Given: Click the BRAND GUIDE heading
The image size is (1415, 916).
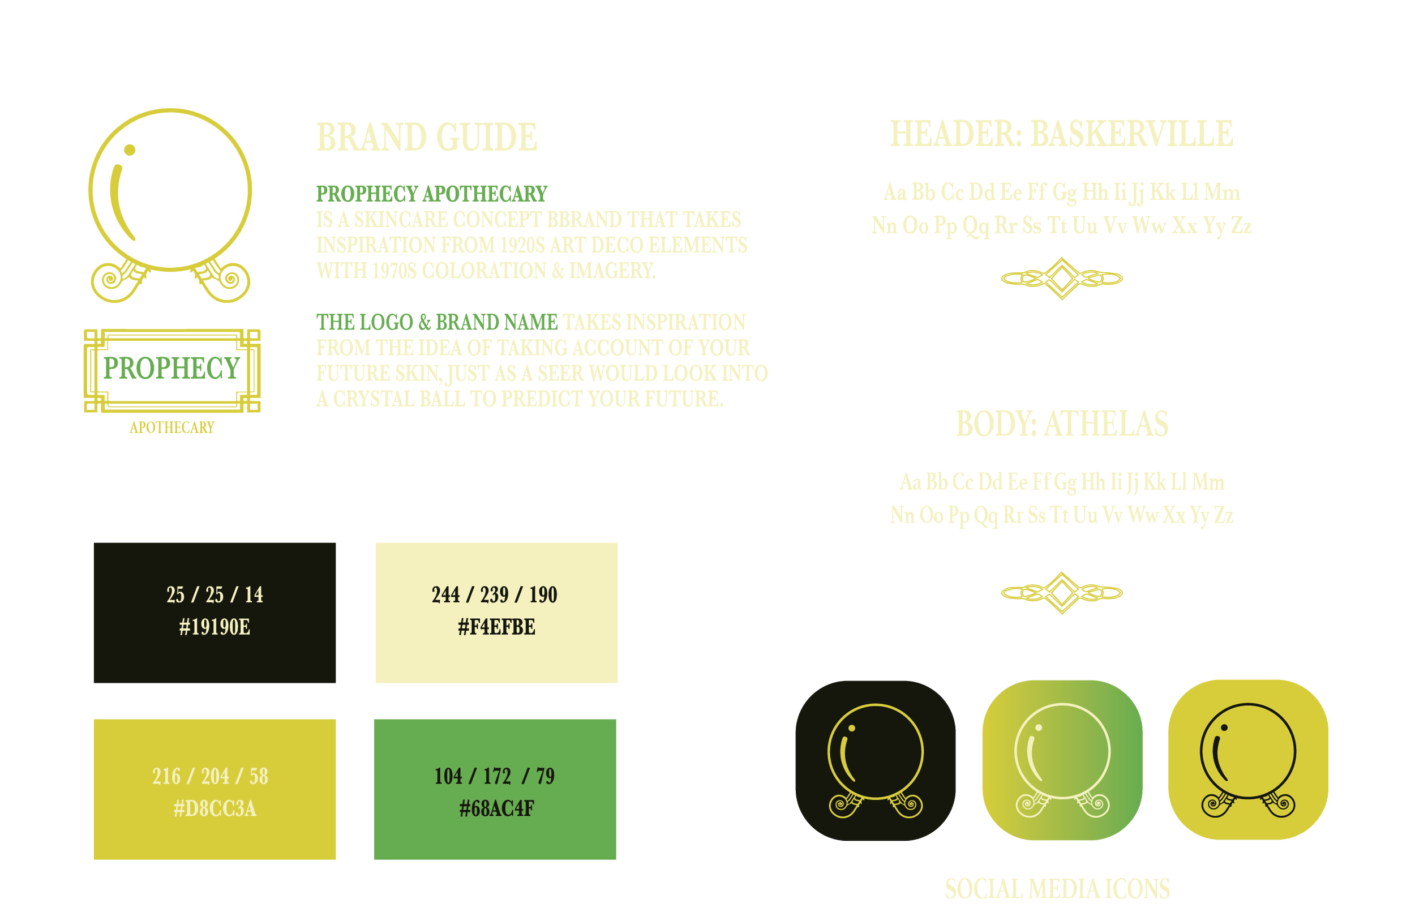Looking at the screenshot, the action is tap(426, 138).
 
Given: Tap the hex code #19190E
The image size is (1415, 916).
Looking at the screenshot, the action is tap(215, 627).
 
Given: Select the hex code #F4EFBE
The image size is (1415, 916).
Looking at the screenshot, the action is tap(496, 627).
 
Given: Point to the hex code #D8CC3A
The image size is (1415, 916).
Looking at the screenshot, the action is tap(215, 809).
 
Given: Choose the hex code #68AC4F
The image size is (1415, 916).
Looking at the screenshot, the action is tap(496, 809).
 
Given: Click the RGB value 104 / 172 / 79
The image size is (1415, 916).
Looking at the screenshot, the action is tap(494, 776).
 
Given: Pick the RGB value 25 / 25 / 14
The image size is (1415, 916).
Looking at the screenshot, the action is tap(215, 595).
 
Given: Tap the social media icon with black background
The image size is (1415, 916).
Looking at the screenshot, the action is tap(875, 761).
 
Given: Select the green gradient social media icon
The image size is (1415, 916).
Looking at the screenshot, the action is tap(1062, 761).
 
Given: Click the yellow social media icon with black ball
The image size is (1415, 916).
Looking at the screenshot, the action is tap(1248, 761).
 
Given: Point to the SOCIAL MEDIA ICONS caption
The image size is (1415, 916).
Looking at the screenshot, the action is tap(1057, 890).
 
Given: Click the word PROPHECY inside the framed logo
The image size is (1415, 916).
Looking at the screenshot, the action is tap(172, 369).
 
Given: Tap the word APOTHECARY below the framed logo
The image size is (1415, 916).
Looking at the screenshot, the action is tap(172, 427).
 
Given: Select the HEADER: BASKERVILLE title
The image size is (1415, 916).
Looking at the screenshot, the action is tap(1062, 134).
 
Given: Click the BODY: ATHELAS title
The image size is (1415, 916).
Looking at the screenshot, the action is tap(1062, 425).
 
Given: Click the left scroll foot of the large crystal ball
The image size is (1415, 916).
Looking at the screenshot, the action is tap(116, 280).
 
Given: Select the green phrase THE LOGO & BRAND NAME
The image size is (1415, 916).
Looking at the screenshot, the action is tap(436, 322).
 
